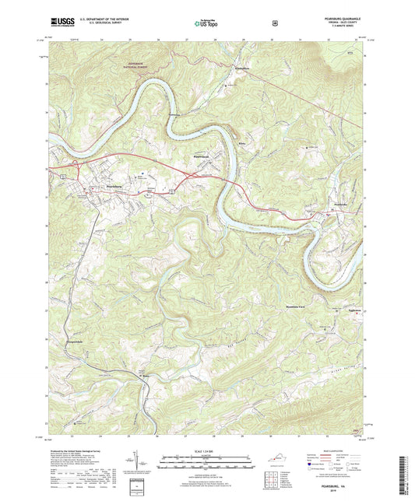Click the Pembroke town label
point(334,203)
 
